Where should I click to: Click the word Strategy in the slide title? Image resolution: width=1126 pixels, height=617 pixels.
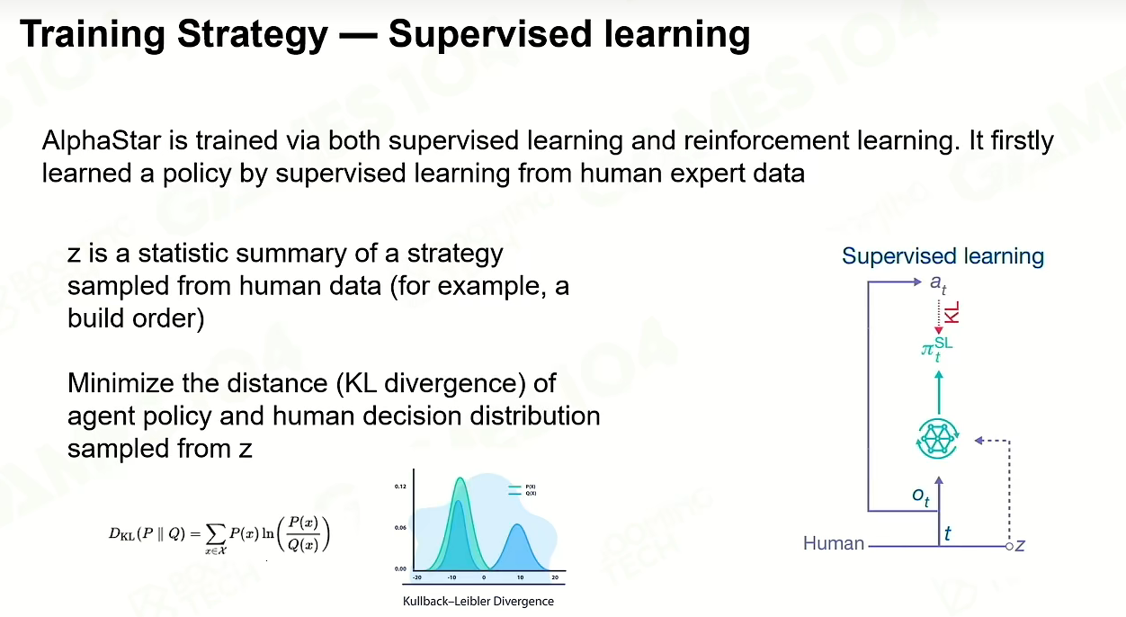coord(253,35)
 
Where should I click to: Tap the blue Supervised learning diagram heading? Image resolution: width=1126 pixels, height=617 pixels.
coord(943,256)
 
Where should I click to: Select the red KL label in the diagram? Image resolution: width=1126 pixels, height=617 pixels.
coord(952,312)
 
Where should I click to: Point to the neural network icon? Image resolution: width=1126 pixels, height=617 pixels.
coord(938,439)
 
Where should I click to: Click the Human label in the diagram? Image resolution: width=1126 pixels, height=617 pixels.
coord(834,543)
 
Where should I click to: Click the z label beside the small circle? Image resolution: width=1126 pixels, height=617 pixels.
coord(1020,545)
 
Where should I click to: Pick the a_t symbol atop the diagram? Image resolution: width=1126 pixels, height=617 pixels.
coord(938,283)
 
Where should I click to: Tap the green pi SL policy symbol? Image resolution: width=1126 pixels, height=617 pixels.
coord(936,348)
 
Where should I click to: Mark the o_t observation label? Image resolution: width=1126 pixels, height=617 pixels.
coord(921,496)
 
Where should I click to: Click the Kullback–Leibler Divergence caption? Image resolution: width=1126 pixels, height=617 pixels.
coord(478,601)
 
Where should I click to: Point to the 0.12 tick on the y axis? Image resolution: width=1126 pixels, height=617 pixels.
coord(400,487)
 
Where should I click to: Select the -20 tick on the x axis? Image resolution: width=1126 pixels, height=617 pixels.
coord(416,577)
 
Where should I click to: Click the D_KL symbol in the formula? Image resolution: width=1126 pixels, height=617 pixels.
coord(121,534)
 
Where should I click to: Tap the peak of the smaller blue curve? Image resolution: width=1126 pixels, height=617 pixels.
coord(518,524)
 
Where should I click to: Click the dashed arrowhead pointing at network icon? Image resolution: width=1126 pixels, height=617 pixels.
coord(979,441)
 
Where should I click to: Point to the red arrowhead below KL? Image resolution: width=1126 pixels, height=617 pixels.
coord(939,330)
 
